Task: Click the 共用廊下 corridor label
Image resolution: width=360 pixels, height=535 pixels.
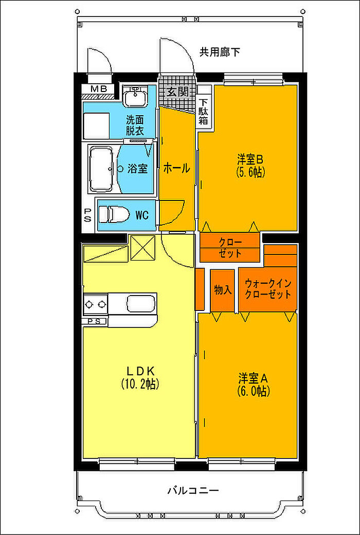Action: tap(220, 52)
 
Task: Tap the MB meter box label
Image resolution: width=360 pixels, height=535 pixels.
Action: tap(99, 89)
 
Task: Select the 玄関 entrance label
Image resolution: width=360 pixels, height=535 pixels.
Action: tap(177, 92)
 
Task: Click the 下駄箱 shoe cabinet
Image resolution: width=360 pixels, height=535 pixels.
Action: tap(204, 111)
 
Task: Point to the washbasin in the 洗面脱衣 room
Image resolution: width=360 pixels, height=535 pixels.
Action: tap(135, 96)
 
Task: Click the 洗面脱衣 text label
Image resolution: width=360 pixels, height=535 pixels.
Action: tap(135, 125)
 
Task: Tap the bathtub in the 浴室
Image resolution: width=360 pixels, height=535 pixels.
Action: tap(101, 169)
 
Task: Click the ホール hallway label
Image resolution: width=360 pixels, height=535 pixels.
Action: tap(176, 168)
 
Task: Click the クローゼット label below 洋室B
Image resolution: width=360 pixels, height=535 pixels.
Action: tap(230, 248)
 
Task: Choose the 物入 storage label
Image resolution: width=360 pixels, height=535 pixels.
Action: tap(223, 290)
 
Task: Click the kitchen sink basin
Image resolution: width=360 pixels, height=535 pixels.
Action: tap(142, 303)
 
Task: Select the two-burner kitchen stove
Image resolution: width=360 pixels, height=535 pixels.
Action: tap(96, 303)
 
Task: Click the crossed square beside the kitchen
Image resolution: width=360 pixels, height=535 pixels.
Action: tap(143, 248)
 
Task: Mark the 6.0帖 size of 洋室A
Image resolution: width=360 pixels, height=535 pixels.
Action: tap(253, 391)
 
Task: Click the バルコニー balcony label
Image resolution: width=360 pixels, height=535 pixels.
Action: tap(193, 491)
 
